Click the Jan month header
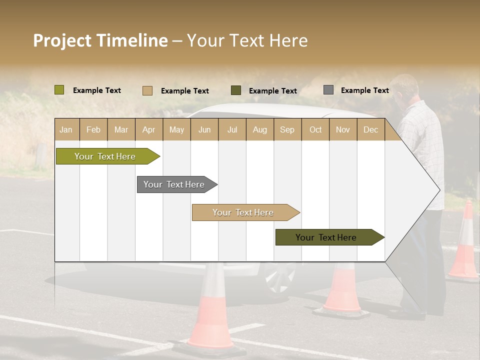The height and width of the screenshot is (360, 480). (66, 129)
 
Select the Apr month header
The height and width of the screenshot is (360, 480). (148, 129)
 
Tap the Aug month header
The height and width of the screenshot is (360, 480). (259, 129)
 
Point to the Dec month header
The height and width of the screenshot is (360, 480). (370, 129)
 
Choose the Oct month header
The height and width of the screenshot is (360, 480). (315, 129)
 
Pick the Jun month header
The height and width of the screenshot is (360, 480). (204, 129)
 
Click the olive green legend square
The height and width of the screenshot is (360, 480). (59, 90)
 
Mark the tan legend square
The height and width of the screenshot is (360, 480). (147, 90)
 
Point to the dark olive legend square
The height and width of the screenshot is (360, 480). (236, 90)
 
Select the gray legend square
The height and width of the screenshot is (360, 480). (328, 90)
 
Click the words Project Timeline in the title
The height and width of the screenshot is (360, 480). (100, 40)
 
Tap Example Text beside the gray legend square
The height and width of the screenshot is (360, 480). (364, 90)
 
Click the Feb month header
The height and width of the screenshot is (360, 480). (93, 129)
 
